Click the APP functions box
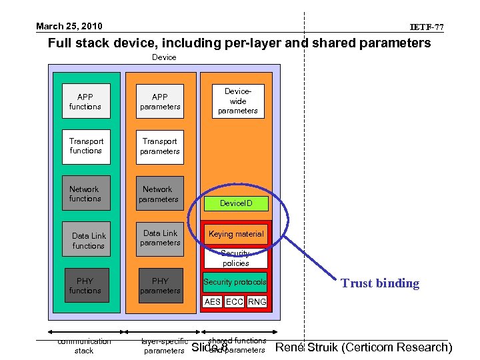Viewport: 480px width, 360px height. point(85,101)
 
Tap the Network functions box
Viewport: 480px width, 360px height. point(85,194)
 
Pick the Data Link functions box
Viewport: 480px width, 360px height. point(88,241)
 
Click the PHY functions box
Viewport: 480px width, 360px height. point(85,285)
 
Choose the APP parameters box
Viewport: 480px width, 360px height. point(160,101)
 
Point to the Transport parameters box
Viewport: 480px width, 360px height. point(160,146)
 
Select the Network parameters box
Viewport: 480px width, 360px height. point(159,194)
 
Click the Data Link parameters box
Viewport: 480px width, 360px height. point(160,238)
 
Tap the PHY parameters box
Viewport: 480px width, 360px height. point(160,285)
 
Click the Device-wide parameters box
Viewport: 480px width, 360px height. point(237,101)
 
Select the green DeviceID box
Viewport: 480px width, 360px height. point(236,203)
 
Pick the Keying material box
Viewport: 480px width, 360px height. point(236,234)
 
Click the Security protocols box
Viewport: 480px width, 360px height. point(235,283)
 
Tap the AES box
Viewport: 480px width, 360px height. point(213,302)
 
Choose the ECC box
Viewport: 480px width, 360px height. point(234,302)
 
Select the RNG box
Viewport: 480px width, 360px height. point(257,302)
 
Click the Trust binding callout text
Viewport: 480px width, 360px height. point(380,283)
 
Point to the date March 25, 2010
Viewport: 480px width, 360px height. point(69,27)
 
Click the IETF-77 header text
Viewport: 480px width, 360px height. point(427,27)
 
